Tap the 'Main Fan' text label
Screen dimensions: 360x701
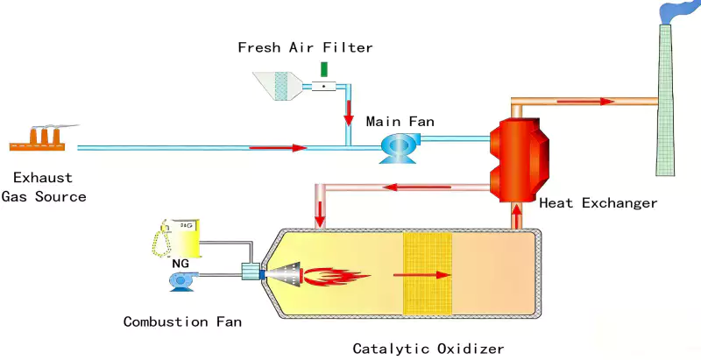400,121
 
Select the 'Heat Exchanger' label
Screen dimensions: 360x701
598,203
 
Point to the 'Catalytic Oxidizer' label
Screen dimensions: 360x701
428,349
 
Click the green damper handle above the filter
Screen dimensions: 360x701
324,69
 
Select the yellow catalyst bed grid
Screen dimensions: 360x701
426,273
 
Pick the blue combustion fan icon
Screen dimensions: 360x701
182,279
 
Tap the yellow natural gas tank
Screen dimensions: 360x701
183,236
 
